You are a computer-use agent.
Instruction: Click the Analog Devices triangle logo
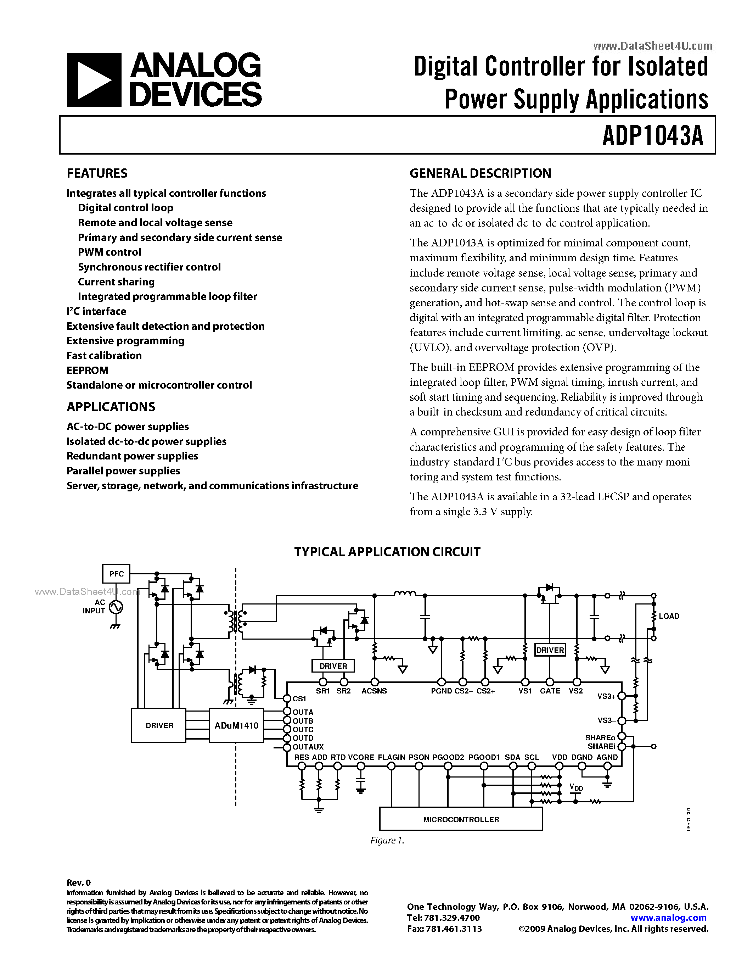pos(94,80)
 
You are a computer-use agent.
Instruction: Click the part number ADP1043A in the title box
pos(653,136)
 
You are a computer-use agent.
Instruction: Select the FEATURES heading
pos(97,173)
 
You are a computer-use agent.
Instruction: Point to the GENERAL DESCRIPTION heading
pos(480,173)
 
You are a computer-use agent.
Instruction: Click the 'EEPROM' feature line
pos(88,370)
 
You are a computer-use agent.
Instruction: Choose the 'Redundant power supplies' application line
pos(132,456)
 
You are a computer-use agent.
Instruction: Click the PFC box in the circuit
pos(117,574)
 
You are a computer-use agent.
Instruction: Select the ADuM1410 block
pos(236,725)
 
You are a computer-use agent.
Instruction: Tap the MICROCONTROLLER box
pos(461,819)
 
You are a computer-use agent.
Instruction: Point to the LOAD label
pos(669,616)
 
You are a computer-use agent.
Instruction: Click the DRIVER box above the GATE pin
pos(550,650)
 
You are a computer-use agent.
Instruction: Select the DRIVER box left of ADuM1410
pos(159,725)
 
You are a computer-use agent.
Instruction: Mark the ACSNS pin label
pos(374,691)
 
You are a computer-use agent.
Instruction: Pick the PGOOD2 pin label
pos(448,757)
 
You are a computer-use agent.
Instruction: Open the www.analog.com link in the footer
pos(668,918)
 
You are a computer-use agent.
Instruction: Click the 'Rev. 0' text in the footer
pos(79,882)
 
